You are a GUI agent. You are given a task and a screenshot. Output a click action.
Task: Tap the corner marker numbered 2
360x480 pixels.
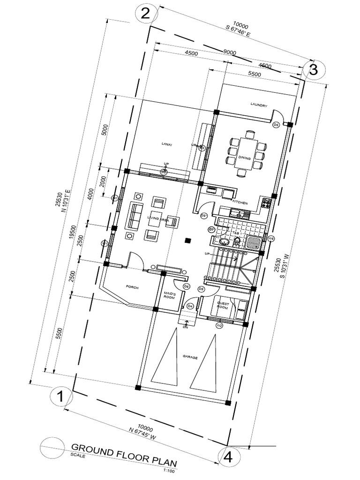[146, 13]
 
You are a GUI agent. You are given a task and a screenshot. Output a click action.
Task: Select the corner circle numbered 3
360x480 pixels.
[314, 70]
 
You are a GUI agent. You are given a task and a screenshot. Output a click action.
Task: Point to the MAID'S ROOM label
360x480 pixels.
[169, 296]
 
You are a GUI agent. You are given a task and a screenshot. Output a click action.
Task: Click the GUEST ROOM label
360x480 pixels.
[222, 306]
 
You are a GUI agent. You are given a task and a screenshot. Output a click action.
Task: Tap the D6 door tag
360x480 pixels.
[186, 286]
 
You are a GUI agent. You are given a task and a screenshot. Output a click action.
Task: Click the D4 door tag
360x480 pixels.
[190, 306]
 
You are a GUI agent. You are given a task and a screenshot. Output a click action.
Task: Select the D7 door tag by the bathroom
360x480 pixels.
[211, 230]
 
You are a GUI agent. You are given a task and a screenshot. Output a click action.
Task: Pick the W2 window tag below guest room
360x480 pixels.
[219, 325]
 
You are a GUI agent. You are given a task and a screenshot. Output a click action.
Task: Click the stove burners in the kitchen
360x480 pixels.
[266, 203]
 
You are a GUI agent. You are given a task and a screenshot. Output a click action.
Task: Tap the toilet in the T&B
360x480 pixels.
[238, 241]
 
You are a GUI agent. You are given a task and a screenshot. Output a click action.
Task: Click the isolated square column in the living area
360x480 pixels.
[188, 240]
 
